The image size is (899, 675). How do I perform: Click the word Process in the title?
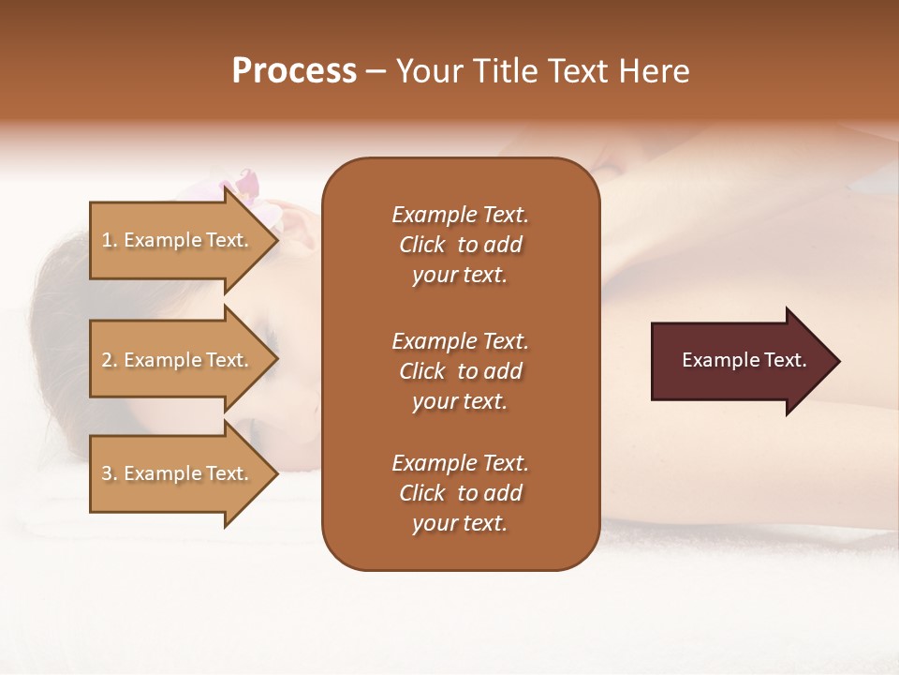tap(294, 71)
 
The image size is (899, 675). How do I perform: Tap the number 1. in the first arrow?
tap(110, 241)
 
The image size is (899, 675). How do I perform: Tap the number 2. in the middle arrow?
tap(110, 361)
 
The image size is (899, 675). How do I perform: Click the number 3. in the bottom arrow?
tap(110, 474)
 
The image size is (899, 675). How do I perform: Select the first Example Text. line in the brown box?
tap(460, 215)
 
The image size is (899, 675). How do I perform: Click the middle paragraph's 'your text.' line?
tap(460, 401)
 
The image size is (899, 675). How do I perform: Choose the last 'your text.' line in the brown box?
tap(460, 523)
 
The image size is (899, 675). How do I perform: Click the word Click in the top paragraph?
tap(422, 246)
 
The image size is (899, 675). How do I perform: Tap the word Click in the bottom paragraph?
tap(422, 493)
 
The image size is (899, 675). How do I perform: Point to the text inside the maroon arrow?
tap(744, 360)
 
